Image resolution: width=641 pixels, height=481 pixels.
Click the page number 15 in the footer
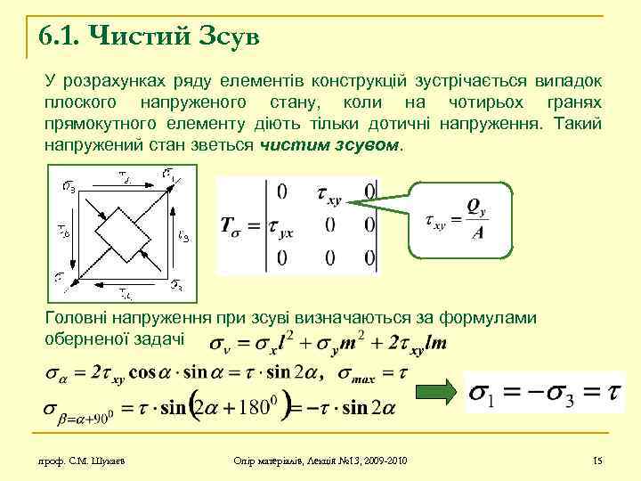tap(597, 460)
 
